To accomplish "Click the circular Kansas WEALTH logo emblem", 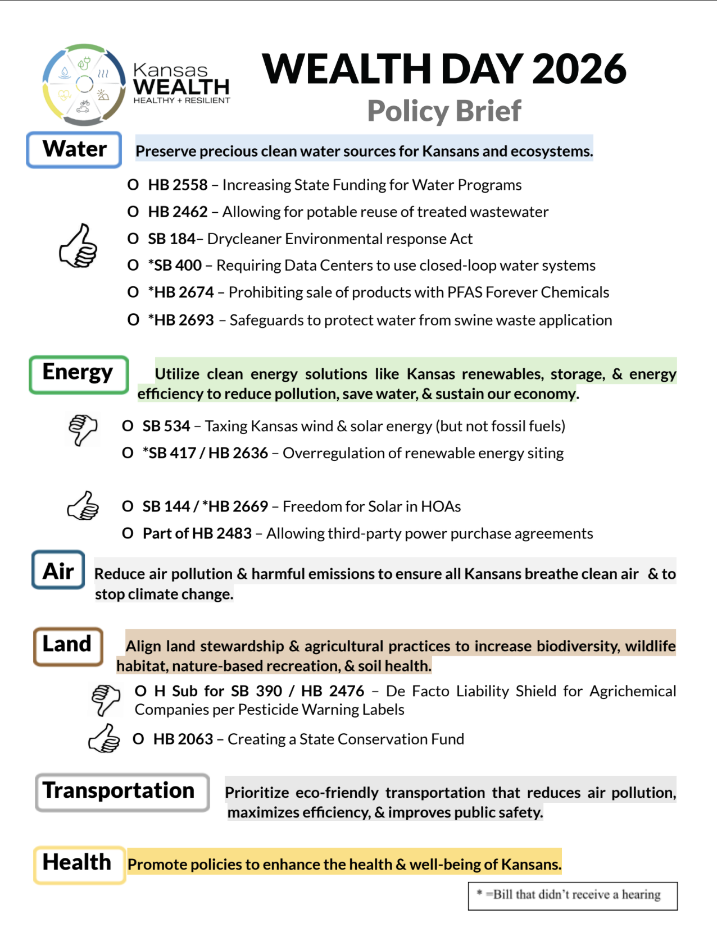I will click(84, 84).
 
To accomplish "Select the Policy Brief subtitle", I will click(444, 111).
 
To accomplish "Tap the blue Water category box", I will click(74, 150).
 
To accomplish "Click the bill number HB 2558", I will click(178, 185).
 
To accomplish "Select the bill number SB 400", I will click(178, 265).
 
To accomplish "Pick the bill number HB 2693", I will click(184, 320).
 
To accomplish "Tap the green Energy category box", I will click(79, 374).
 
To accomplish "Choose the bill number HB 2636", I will click(238, 453).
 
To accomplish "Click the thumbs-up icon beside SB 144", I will click(83, 506).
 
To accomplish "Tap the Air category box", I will click(58, 570).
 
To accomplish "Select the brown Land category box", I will click(68, 646).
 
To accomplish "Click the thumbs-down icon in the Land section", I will click(106, 700).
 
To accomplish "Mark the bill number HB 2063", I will click(183, 739).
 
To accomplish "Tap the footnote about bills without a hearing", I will click(573, 895).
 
